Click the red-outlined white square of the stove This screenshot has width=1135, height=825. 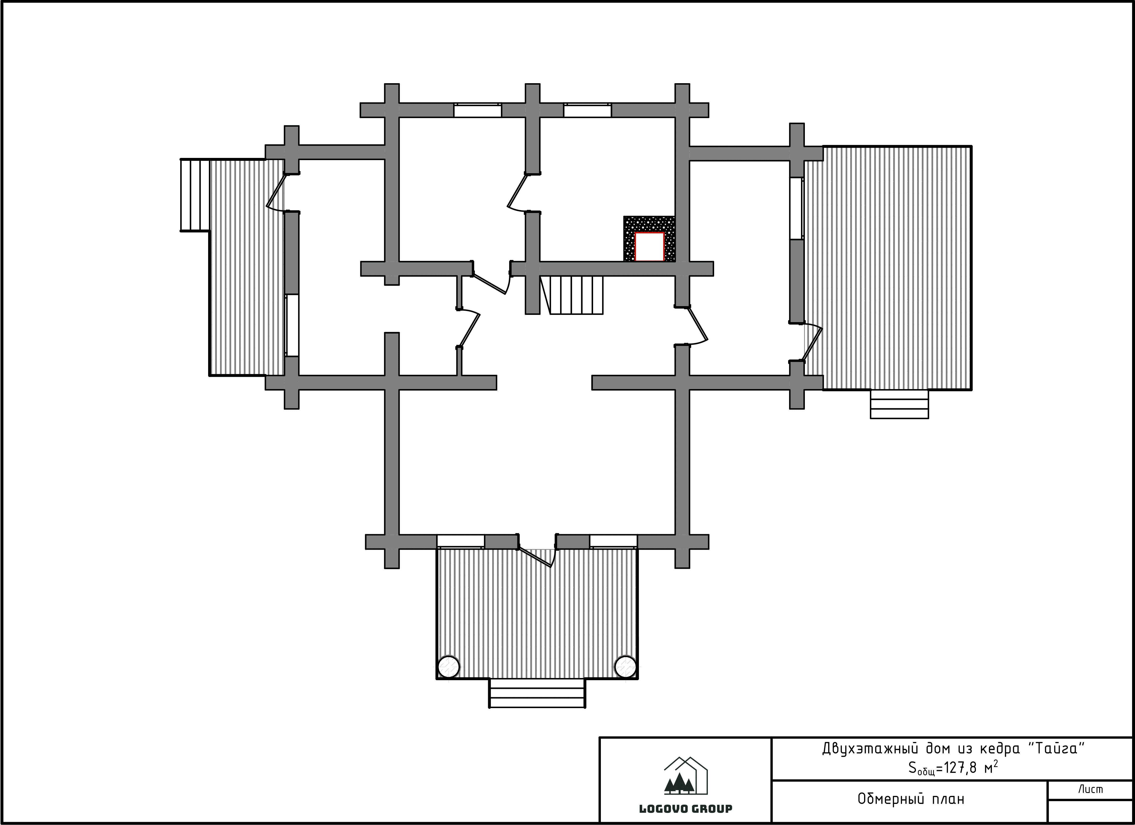[x=649, y=247]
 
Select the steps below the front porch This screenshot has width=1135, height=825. [x=537, y=694]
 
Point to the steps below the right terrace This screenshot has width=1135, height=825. [x=899, y=404]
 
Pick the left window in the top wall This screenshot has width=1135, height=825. [x=477, y=110]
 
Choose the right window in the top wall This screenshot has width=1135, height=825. [x=588, y=110]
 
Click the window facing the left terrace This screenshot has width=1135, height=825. [x=292, y=325]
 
